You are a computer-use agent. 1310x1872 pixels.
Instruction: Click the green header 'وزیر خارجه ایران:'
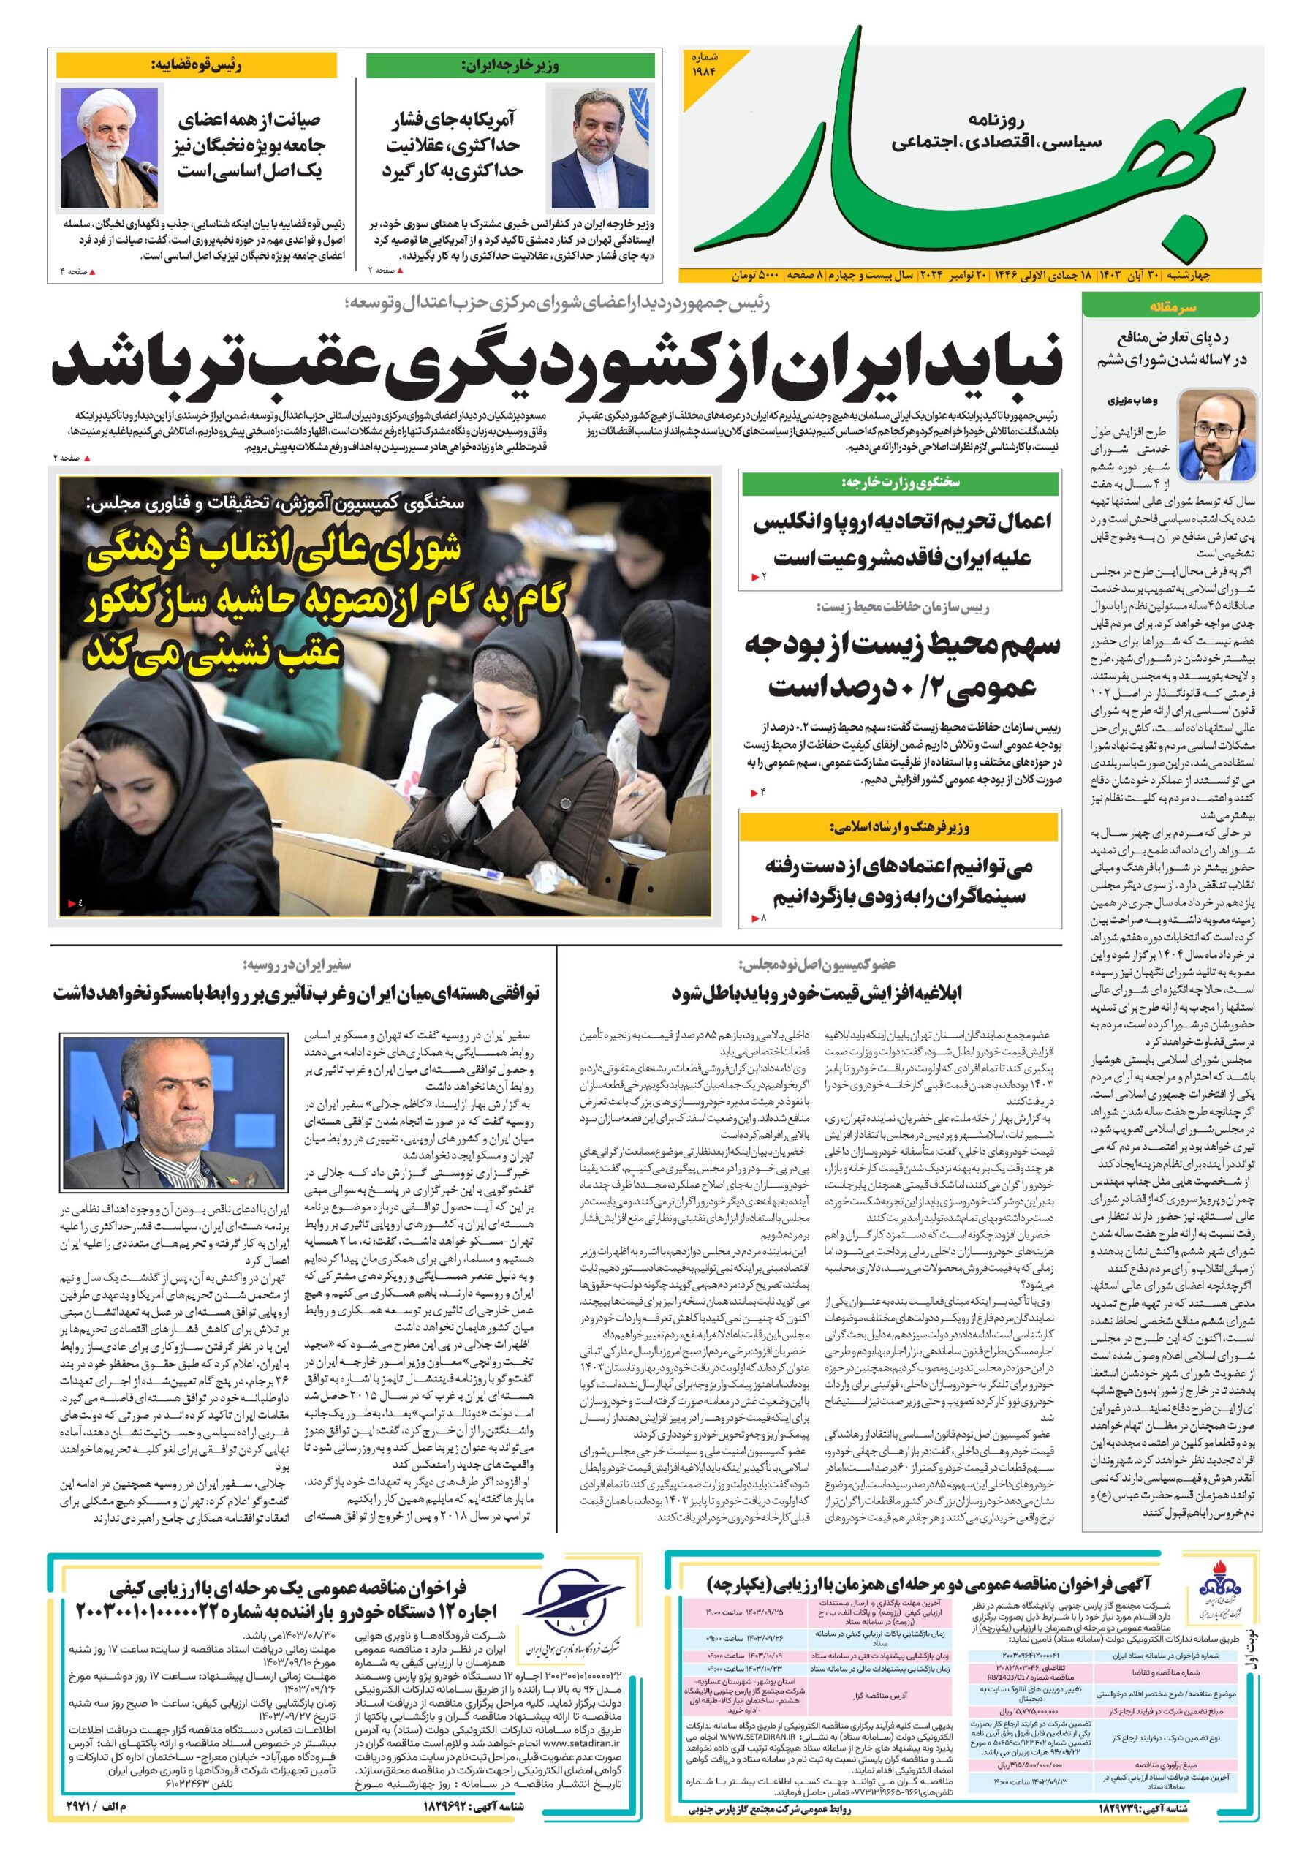click(510, 66)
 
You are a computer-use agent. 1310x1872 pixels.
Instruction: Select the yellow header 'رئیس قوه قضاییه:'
click(196, 64)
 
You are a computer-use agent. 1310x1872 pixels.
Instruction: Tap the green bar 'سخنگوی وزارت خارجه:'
click(900, 483)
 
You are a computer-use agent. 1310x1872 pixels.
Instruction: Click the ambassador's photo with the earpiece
click(172, 1111)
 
